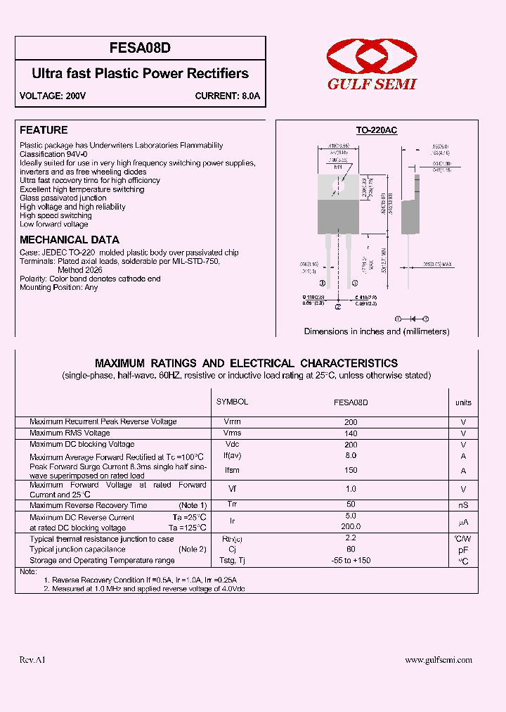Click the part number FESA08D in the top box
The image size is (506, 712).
(141, 49)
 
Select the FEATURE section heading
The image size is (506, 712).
(44, 130)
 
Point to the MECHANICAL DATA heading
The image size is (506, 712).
(69, 240)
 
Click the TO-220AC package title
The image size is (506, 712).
(376, 131)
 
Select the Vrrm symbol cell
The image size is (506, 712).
(233, 422)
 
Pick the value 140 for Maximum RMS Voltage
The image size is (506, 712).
(351, 433)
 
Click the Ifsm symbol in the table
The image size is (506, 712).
(233, 471)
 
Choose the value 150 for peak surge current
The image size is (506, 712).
(351, 471)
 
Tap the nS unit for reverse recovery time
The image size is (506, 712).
(463, 505)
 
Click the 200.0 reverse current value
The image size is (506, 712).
(351, 526)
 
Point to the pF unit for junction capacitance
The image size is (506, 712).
(463, 549)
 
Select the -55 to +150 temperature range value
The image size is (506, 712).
(351, 561)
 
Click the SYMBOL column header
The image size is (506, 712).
(233, 402)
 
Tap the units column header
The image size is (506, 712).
(463, 403)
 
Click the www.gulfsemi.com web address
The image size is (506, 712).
(439, 660)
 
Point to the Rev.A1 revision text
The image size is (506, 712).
(32, 660)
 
